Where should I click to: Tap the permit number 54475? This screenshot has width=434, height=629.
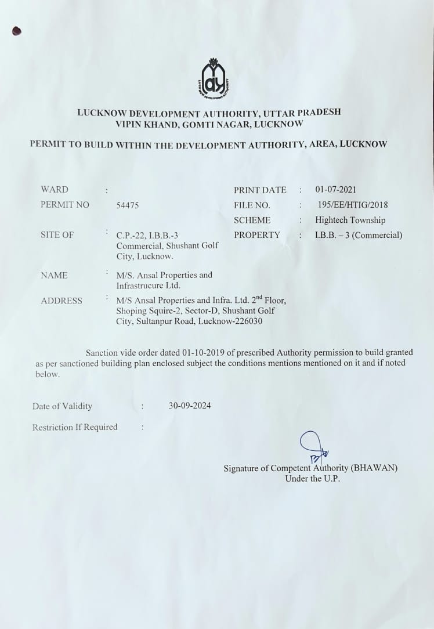[128, 205]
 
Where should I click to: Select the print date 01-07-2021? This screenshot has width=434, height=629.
[336, 190]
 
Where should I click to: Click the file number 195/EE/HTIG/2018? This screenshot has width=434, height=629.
[353, 205]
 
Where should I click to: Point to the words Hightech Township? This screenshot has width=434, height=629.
[350, 220]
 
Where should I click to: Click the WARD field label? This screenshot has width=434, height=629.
[55, 190]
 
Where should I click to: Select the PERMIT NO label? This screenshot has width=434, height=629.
[65, 205]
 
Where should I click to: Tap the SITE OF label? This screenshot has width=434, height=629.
[57, 236]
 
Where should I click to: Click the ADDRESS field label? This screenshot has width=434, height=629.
[62, 301]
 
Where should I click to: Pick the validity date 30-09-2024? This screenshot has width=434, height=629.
[190, 406]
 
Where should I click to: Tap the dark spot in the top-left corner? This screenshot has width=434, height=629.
[16, 31]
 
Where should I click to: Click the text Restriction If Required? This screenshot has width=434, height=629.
[75, 427]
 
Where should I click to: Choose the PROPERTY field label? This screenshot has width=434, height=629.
[257, 236]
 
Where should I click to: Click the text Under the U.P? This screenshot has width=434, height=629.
[312, 479]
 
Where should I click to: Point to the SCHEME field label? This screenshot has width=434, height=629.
[252, 220]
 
